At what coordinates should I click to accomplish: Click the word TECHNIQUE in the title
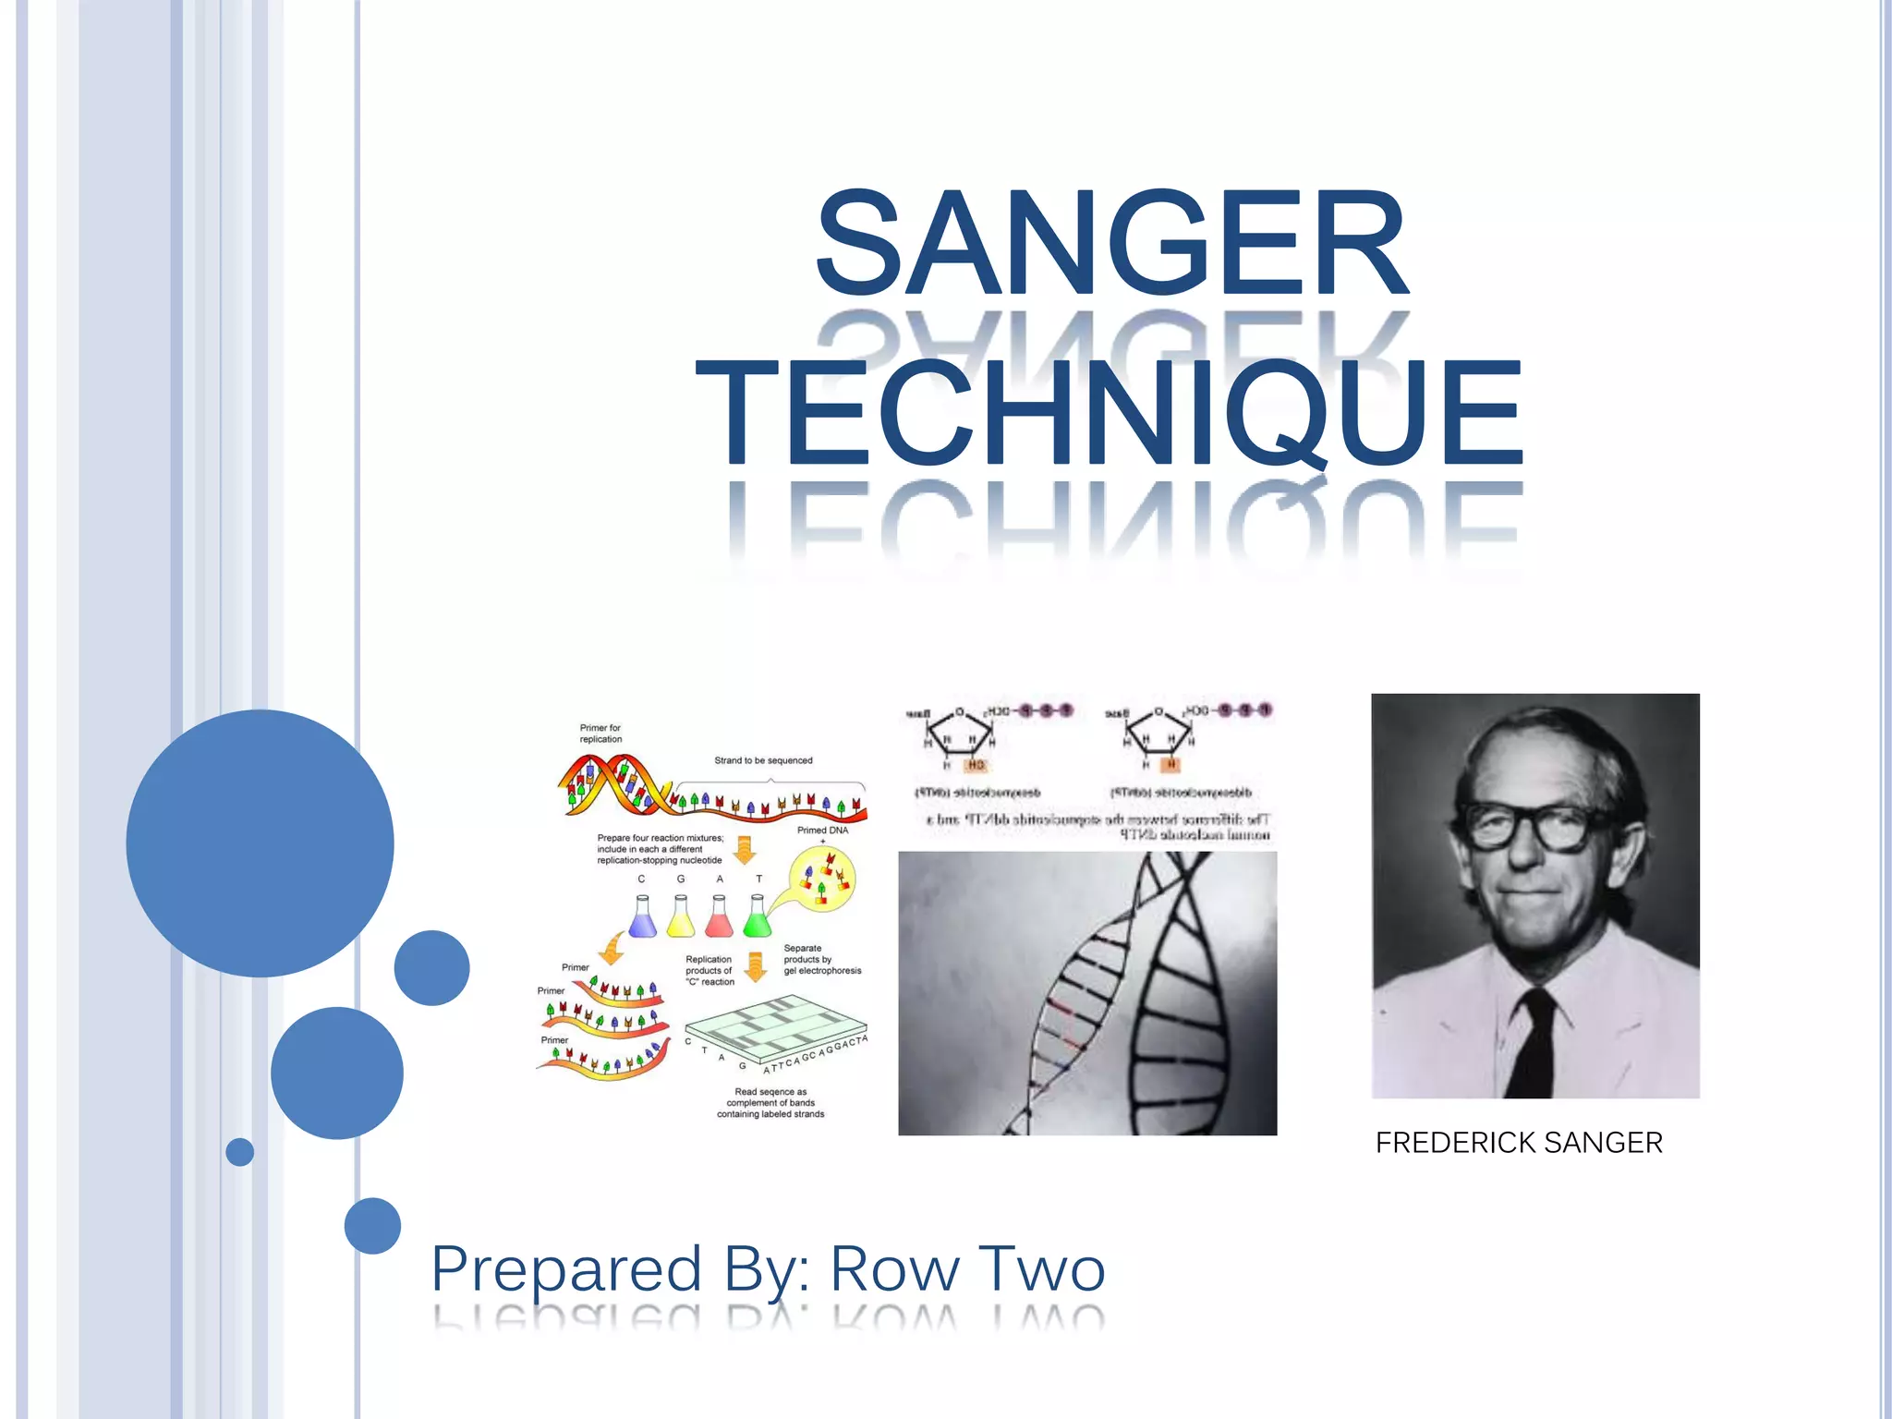click(x=1110, y=413)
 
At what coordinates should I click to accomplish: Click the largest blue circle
click(x=260, y=843)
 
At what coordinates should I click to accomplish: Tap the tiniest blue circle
click(x=240, y=1152)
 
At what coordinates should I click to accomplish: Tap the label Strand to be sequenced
click(x=763, y=760)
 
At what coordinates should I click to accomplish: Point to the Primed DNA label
click(x=822, y=831)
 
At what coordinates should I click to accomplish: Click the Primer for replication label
click(x=600, y=734)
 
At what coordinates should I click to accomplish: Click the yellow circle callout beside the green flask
click(x=822, y=879)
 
